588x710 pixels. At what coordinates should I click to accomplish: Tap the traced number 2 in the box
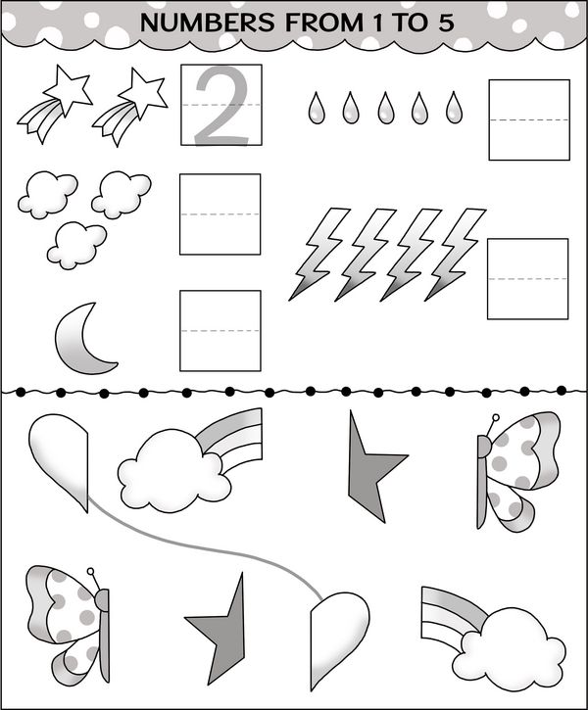222,106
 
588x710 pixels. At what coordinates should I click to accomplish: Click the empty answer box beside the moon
220,331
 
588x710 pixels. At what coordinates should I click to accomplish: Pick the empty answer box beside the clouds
220,214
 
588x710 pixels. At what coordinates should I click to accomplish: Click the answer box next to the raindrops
529,120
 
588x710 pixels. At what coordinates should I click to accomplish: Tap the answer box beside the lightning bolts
528,279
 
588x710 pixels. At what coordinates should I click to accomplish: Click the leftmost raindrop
317,108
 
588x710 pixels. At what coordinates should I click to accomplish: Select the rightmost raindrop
454,108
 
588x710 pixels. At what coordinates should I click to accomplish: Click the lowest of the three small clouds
77,245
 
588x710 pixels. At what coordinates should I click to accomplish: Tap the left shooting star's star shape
68,88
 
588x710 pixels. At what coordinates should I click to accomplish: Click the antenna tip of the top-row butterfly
496,417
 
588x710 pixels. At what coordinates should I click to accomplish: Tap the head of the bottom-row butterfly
102,601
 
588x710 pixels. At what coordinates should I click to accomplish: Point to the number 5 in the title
446,23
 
